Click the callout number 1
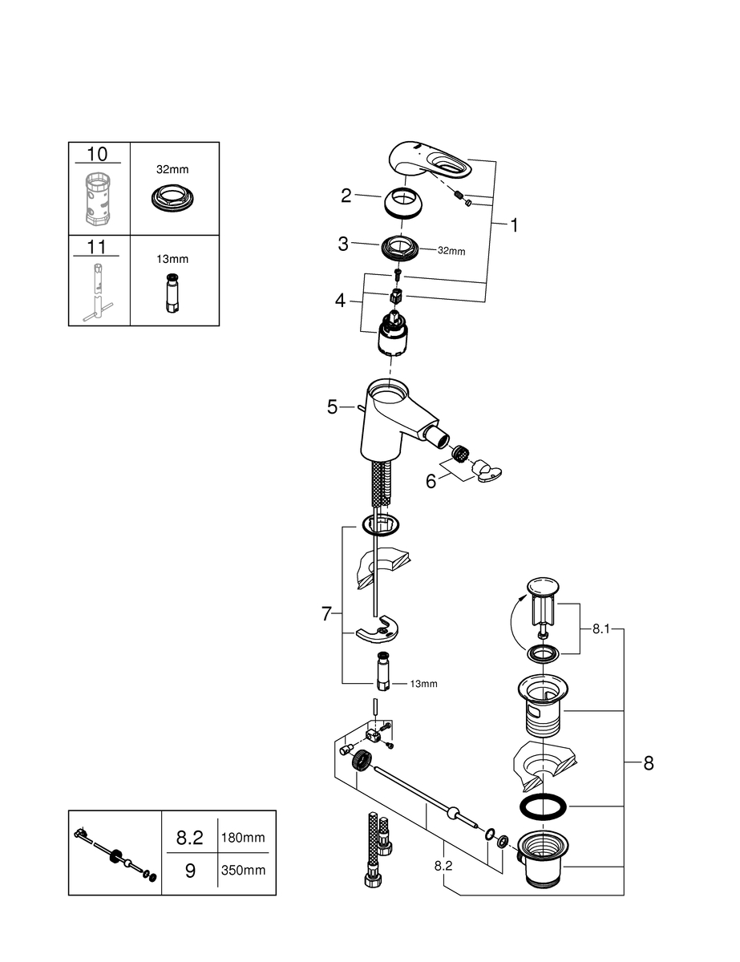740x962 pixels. pos(514,226)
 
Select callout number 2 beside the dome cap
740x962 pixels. pos(346,195)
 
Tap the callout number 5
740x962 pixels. pos(333,407)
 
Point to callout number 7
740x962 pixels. pos(326,614)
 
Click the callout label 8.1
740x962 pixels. pos(601,630)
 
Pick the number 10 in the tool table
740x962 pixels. pos(97,154)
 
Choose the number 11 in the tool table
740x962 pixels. pos(97,247)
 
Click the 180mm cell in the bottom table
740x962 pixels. pos(243,838)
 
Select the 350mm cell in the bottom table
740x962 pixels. pos(243,870)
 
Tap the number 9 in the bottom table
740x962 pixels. pos(190,870)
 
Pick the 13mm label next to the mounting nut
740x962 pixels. pos(423,684)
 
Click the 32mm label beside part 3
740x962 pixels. pos(451,251)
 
